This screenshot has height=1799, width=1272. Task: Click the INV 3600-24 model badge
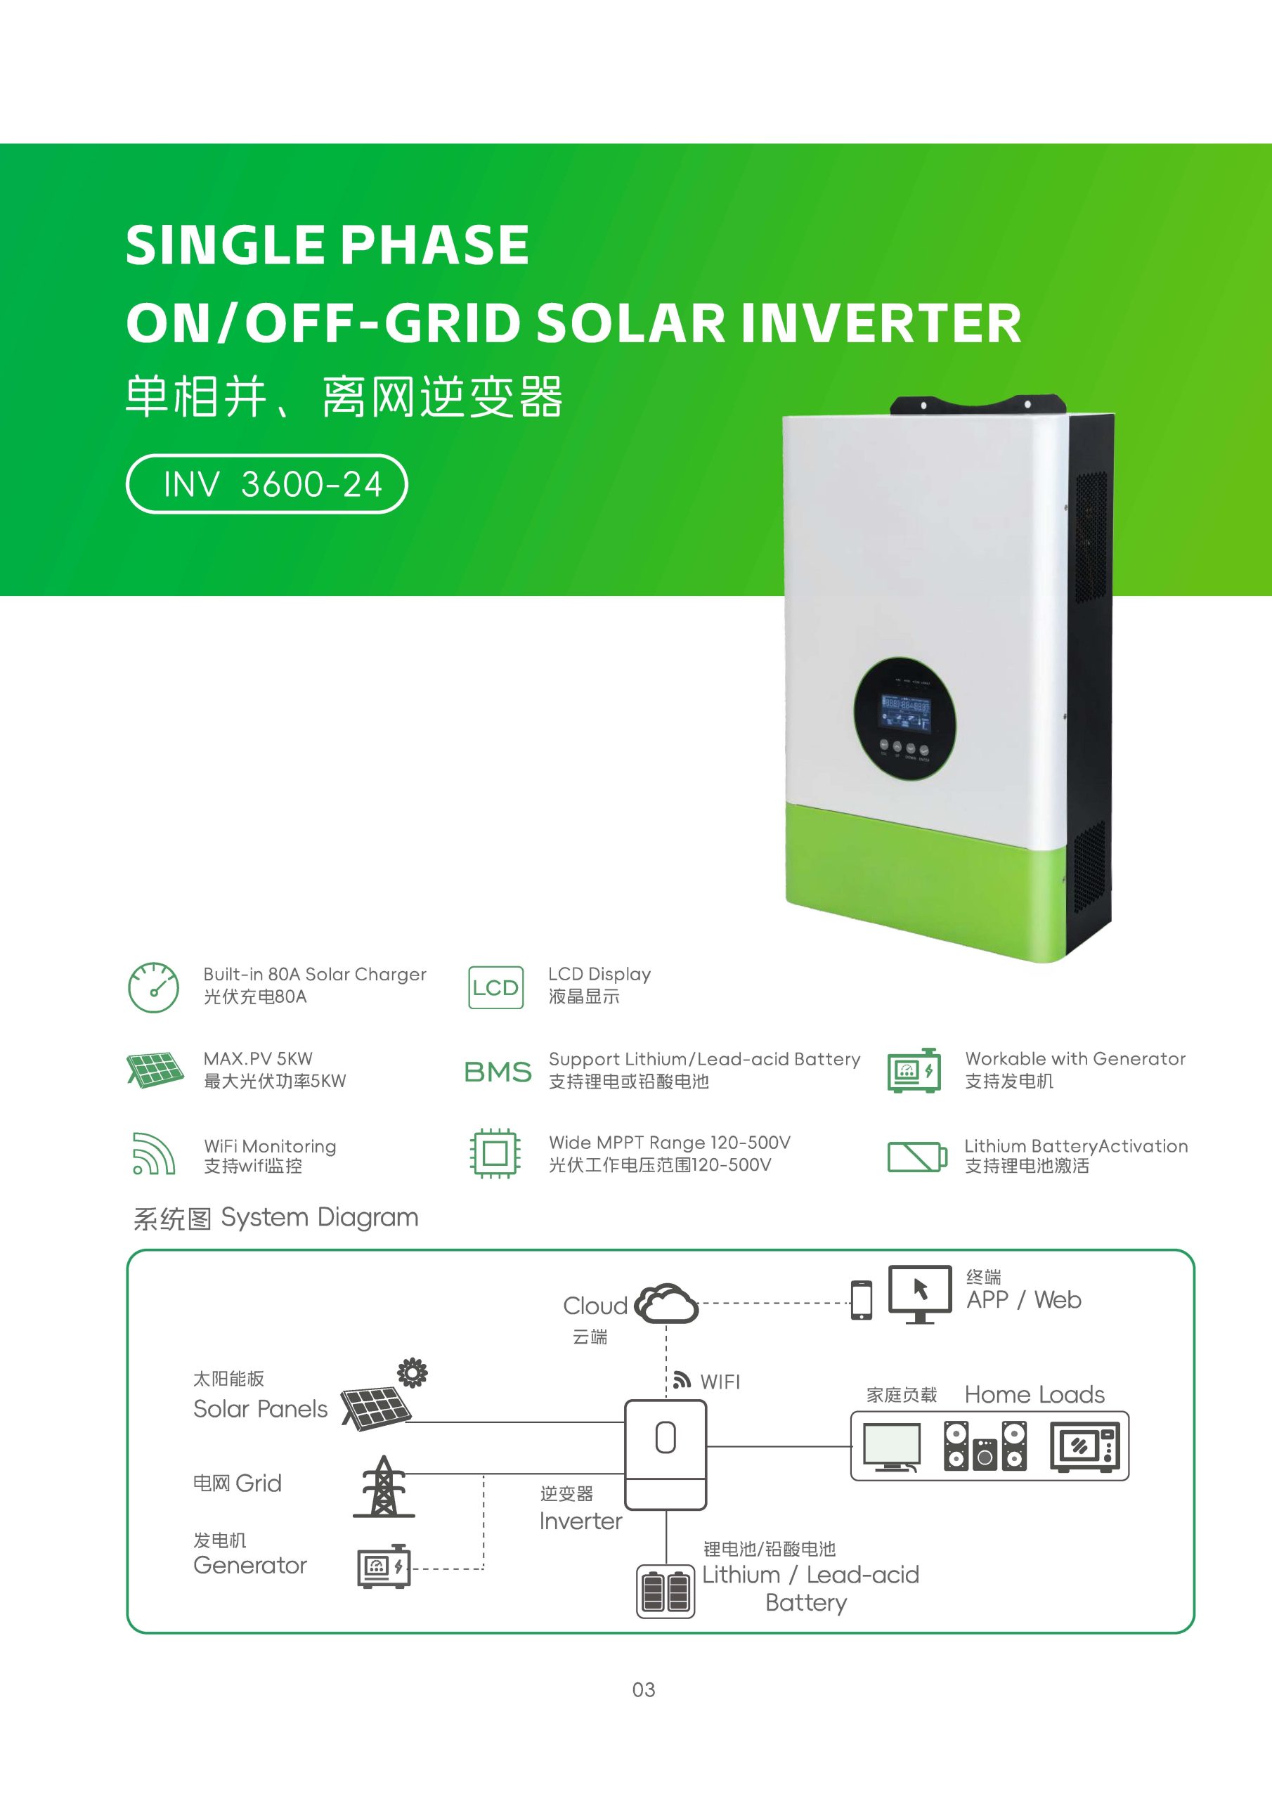pos(266,483)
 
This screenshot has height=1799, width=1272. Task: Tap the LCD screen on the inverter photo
pos(905,713)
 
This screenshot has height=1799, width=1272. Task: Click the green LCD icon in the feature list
pos(495,987)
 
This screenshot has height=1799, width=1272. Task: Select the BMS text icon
pos(498,1071)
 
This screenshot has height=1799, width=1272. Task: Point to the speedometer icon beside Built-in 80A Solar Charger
pos(154,987)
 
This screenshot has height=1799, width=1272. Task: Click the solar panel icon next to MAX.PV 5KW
pos(155,1070)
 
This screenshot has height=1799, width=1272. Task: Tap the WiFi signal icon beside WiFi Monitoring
pos(152,1154)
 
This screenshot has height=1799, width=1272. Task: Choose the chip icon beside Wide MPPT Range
pos(495,1153)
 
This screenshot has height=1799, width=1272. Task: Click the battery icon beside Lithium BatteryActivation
pos(917,1157)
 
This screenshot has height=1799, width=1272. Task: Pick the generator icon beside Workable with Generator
pos(914,1070)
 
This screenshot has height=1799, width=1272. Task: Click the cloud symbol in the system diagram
pos(666,1304)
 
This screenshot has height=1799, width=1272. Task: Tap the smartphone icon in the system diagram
pos(862,1300)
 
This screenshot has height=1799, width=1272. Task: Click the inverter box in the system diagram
pos(666,1455)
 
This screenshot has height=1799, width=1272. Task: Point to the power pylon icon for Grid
pos(383,1486)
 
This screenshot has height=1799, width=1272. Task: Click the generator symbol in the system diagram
pos(384,1566)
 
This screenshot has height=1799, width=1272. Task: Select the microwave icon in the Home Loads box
pos(1084,1446)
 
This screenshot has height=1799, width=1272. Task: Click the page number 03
pos(644,1690)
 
